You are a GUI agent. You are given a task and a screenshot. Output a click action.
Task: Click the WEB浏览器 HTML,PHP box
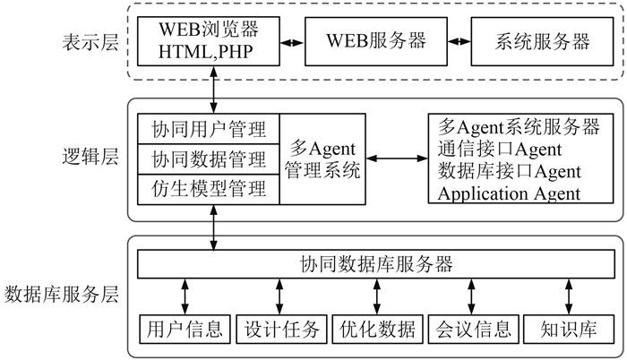click(209, 41)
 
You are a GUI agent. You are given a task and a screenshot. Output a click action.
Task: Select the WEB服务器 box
click(376, 41)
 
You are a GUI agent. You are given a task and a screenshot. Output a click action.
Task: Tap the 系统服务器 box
click(542, 41)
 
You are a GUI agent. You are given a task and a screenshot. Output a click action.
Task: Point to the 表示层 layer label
click(90, 42)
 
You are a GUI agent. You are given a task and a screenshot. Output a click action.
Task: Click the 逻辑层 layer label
click(90, 157)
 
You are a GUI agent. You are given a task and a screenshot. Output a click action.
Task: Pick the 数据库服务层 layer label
click(62, 295)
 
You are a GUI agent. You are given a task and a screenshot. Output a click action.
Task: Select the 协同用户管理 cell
click(209, 129)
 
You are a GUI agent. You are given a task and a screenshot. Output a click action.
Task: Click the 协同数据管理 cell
click(209, 159)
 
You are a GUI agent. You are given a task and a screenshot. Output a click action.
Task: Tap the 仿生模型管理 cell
click(209, 189)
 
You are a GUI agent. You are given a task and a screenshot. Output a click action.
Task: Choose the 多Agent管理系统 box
click(322, 159)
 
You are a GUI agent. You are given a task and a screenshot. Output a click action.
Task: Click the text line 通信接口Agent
click(500, 150)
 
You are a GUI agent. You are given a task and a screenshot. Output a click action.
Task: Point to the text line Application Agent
click(509, 193)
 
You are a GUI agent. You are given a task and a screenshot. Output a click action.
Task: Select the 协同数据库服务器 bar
click(376, 264)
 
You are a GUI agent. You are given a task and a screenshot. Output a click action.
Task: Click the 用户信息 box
click(185, 329)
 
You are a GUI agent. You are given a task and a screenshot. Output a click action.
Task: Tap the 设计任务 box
click(281, 329)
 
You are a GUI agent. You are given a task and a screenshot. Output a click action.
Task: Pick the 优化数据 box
click(377, 329)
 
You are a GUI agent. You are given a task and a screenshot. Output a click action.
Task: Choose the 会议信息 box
click(474, 329)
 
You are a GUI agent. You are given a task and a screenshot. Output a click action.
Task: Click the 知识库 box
click(569, 329)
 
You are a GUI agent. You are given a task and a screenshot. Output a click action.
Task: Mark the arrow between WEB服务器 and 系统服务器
click(459, 41)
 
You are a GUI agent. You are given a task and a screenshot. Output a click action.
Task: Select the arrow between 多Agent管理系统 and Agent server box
click(397, 159)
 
